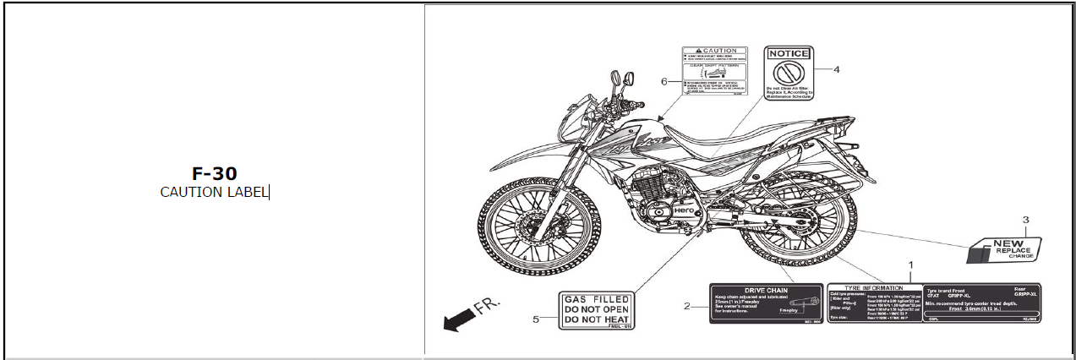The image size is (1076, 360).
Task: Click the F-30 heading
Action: pyautogui.click(x=214, y=173)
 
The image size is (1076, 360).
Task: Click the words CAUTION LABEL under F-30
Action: pyautogui.click(x=214, y=192)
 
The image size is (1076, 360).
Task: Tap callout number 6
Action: pyautogui.click(x=664, y=81)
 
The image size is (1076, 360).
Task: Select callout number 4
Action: pyautogui.click(x=836, y=69)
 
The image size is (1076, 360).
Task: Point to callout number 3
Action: pyautogui.click(x=1025, y=220)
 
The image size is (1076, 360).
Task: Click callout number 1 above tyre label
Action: pyautogui.click(x=910, y=265)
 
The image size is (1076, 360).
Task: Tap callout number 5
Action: pyautogui.click(x=535, y=319)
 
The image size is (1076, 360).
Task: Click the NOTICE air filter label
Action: pyautogui.click(x=789, y=74)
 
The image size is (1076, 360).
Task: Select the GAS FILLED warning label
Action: pyautogui.click(x=596, y=311)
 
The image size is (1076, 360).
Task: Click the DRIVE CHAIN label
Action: pyautogui.click(x=766, y=303)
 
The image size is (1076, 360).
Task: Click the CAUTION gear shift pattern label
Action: pyautogui.click(x=715, y=74)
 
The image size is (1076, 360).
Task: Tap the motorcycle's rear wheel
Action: pyautogui.click(x=799, y=224)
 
